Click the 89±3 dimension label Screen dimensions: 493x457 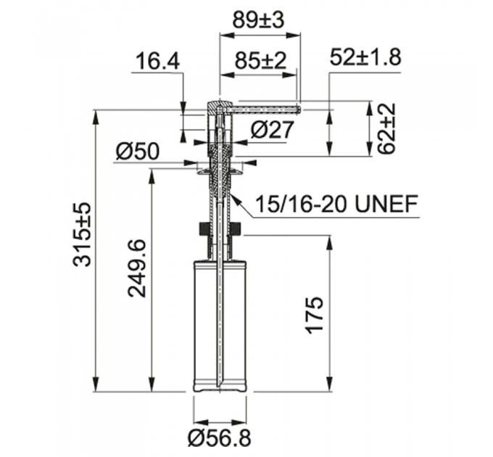(258, 20)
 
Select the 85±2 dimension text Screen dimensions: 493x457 (261, 60)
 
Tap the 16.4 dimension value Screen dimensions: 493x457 (158, 62)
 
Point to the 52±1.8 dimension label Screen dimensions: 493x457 (365, 57)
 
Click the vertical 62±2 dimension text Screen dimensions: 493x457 (386, 128)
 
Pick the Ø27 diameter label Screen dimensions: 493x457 (273, 129)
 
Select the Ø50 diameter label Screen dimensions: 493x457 (138, 152)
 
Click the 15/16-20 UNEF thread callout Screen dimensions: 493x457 (336, 204)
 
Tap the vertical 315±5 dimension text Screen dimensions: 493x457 (82, 234)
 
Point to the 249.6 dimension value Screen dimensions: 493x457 (137, 268)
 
